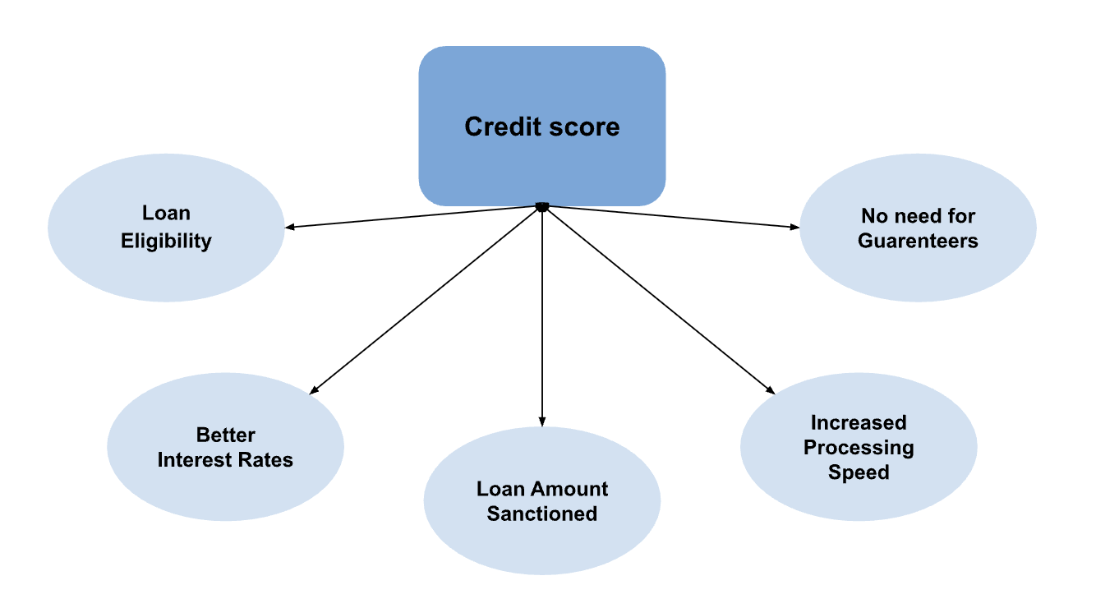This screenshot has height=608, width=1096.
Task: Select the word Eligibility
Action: [x=166, y=241]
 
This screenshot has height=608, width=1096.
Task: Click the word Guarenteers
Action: [x=918, y=241]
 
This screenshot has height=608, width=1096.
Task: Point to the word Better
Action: [x=225, y=435]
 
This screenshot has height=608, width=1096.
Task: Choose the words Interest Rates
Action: [x=225, y=459]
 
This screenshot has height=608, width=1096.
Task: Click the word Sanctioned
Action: [x=541, y=514]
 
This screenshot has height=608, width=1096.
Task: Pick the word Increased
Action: [x=859, y=422]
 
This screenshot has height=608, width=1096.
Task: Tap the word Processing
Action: [x=859, y=447]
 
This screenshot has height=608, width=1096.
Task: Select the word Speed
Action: [x=859, y=472]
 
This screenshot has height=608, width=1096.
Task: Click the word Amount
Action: [x=568, y=489]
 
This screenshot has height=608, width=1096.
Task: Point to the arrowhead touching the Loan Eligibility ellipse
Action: [x=290, y=227]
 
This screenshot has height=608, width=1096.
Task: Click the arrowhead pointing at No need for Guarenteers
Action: [x=794, y=227]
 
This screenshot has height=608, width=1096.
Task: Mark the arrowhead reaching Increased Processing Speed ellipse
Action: [x=770, y=390]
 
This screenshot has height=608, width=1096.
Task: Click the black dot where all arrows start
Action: [x=541, y=206]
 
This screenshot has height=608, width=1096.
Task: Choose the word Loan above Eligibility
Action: [x=166, y=213]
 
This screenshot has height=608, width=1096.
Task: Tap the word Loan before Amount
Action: [x=500, y=489]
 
